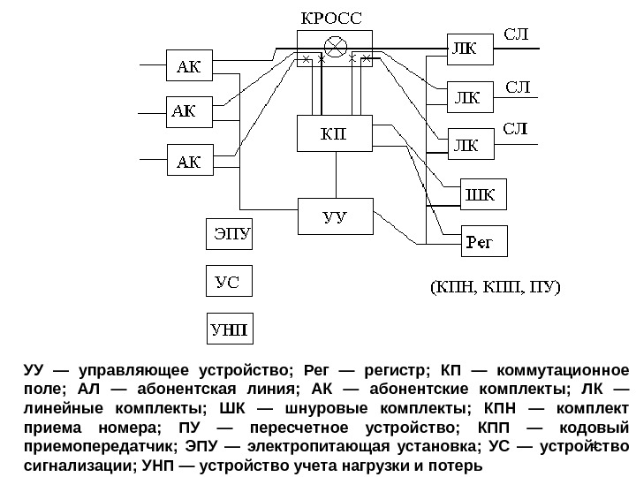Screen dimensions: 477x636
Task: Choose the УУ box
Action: [x=333, y=217]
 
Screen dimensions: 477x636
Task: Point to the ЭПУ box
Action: [x=229, y=236]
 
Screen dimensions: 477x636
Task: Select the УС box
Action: [x=229, y=283]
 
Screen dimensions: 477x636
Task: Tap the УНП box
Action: [x=229, y=331]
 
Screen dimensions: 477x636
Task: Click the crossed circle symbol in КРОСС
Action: [x=336, y=45]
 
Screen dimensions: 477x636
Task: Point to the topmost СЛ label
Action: [x=517, y=34]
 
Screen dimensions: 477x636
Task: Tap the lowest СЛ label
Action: [x=517, y=129]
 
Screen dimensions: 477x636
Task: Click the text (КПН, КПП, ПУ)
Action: [x=496, y=288]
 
